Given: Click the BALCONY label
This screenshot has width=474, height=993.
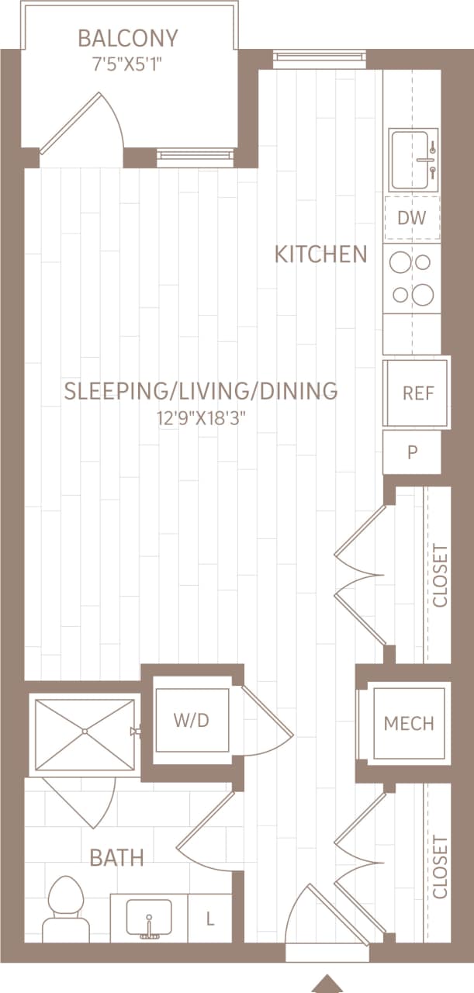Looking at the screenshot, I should click(128, 37).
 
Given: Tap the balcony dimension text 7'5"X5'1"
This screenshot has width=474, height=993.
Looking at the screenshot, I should click(128, 61).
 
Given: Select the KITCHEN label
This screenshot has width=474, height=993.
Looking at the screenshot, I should click(320, 254).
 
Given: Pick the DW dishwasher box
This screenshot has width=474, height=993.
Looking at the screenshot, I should click(412, 218).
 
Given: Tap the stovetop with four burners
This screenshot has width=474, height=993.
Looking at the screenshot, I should click(412, 279).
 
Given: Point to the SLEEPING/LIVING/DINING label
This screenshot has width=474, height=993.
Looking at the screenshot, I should click(200, 390).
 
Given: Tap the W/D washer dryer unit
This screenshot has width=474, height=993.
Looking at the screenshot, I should click(192, 720).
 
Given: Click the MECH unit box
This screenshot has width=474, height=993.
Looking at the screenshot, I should click(409, 724).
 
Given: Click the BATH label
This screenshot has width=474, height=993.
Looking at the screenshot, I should click(116, 857).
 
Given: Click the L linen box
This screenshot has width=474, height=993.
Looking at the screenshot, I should click(209, 920).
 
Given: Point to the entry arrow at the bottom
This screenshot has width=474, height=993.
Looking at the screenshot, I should click(327, 983).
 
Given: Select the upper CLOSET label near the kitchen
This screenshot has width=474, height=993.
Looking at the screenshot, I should click(441, 576).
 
